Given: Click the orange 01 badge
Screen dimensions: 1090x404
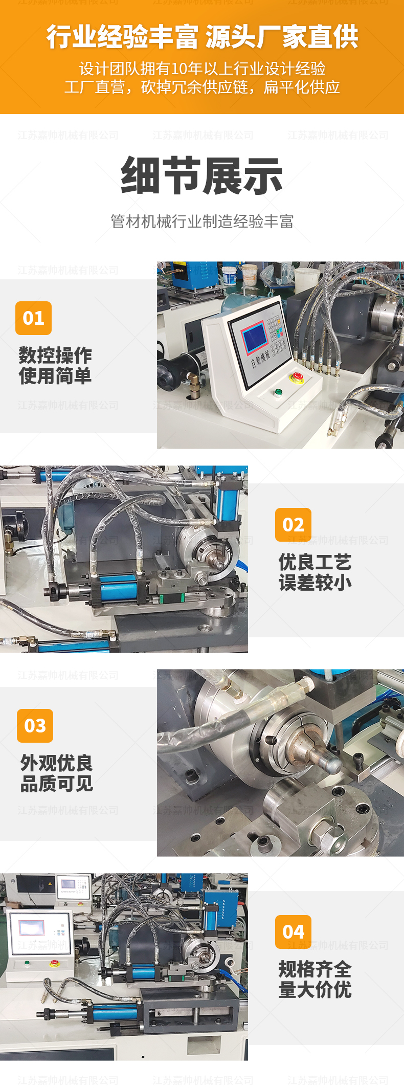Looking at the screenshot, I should click(34, 318).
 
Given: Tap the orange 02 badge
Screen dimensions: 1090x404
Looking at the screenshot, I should click(293, 525).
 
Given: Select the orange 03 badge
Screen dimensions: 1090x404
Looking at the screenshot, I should click(35, 726).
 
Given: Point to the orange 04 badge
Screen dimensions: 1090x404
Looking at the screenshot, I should click(293, 932).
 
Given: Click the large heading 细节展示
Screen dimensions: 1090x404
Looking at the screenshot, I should click(202, 176).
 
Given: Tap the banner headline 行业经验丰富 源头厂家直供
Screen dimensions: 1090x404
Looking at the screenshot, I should click(202, 37).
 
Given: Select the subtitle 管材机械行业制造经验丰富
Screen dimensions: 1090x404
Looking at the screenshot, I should click(202, 221).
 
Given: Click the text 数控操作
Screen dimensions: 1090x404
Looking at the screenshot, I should click(55, 355).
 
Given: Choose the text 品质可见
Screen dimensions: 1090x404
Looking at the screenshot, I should click(57, 783).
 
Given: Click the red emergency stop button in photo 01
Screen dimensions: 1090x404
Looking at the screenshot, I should click(297, 378).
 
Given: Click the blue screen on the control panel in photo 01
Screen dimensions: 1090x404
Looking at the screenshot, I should click(254, 338).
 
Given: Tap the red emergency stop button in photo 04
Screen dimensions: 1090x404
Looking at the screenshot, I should click(54, 963).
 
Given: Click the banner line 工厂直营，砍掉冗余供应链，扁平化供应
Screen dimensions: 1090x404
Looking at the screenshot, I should click(202, 87).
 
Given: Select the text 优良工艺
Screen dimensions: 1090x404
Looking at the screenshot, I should click(315, 562).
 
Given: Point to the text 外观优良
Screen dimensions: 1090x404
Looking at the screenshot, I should click(57, 763).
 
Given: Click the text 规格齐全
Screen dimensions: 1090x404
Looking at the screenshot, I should click(315, 969).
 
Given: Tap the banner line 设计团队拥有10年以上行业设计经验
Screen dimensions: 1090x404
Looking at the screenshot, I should click(202, 69).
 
